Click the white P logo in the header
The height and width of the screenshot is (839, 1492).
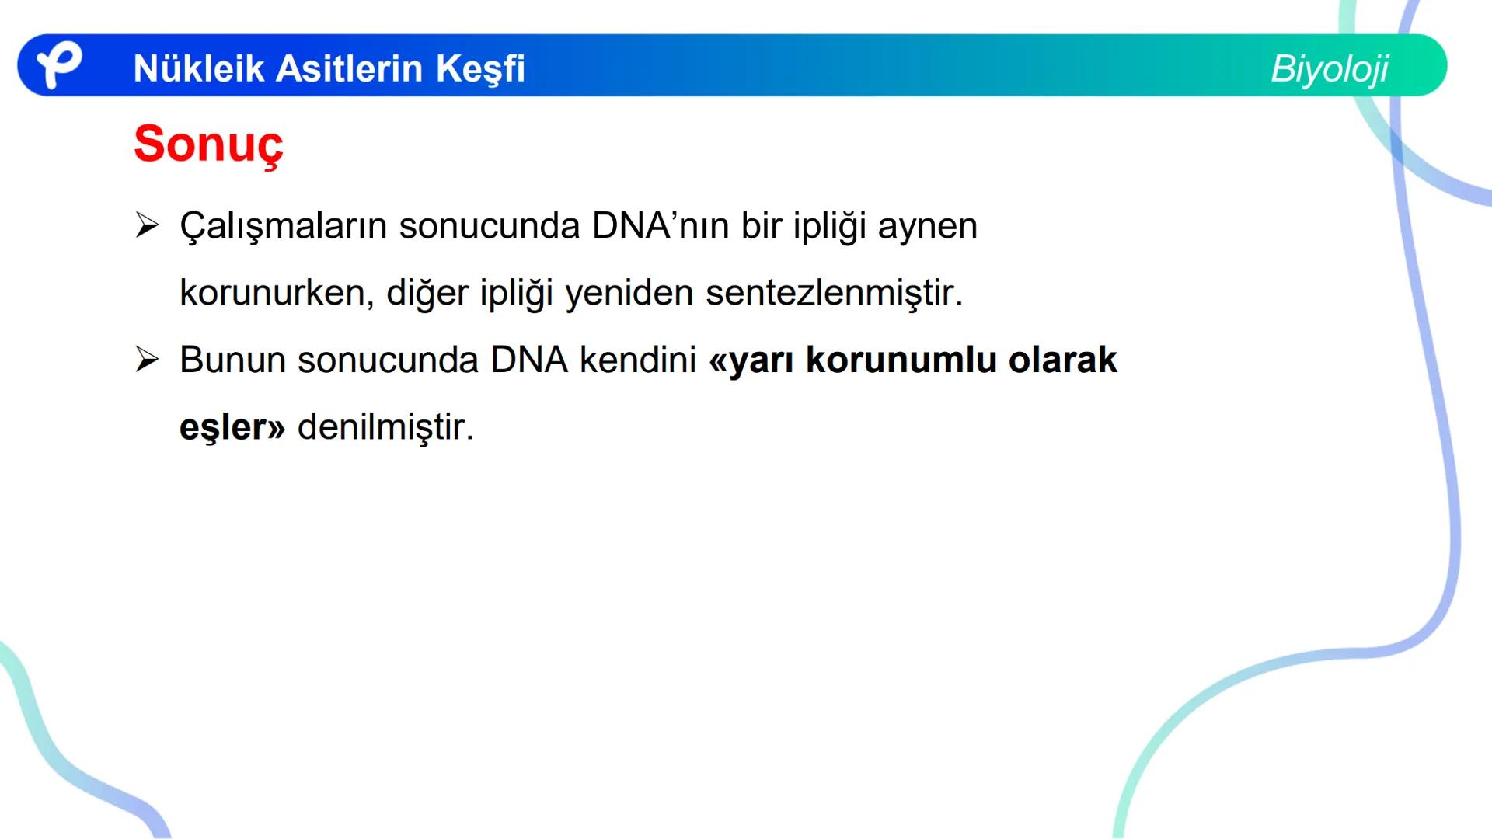pos(59,65)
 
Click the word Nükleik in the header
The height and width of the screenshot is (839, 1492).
pos(199,68)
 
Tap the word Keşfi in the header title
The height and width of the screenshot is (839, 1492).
pos(480,68)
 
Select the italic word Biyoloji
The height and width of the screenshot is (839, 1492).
pos(1329,69)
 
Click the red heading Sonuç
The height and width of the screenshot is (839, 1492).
pos(208,144)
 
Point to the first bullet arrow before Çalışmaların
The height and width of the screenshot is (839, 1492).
pos(147,226)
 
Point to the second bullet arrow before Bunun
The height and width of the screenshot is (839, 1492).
pos(147,360)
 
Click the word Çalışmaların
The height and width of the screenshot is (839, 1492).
pos(283,227)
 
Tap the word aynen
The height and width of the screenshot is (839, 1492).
pos(927,227)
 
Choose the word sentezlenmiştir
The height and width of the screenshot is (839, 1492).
pos(833,293)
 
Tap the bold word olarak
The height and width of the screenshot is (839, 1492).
pos(1062,360)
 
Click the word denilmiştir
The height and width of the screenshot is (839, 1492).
pos(385,427)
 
